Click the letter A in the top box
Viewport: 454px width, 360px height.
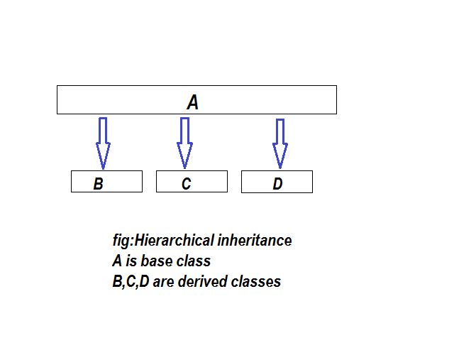193,102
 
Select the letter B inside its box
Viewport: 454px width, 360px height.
99,183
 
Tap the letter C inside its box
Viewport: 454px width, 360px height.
186,183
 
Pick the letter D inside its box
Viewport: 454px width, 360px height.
277,183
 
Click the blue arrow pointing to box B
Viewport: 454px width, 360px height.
103,143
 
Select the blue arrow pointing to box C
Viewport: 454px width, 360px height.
184,143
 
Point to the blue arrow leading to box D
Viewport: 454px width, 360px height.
280,143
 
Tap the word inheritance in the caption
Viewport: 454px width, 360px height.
255,240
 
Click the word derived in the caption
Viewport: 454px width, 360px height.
202,281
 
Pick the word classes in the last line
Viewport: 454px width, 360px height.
256,281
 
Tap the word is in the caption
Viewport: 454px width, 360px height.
131,261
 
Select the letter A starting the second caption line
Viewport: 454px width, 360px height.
117,261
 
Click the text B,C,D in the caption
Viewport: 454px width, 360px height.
131,281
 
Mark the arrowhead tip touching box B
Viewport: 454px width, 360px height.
103,169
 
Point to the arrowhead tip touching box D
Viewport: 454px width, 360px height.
280,169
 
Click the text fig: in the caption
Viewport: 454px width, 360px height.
123,240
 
